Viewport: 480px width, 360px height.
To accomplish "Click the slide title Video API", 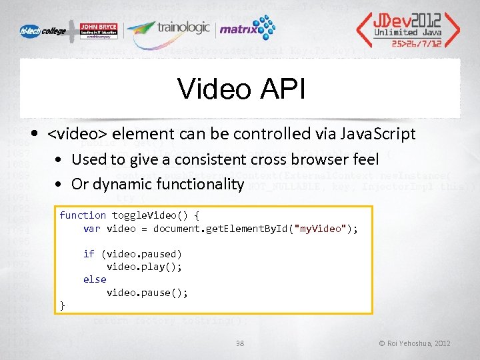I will [241, 89].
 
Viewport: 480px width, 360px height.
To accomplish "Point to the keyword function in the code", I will [83, 215].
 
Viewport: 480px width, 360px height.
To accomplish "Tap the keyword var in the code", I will [91, 229].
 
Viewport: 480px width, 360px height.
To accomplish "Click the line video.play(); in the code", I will [144, 267].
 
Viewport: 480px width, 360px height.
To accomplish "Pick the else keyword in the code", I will [95, 279].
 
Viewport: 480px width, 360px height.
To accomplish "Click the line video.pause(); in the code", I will [147, 293].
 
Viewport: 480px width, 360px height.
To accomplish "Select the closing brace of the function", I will [63, 305].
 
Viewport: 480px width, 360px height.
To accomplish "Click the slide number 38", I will [241, 343].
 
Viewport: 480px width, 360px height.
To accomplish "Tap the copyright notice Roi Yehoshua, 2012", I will [415, 343].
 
